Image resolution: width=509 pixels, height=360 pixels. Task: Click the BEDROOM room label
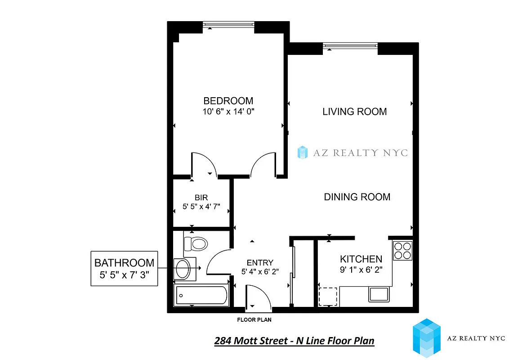point(228,101)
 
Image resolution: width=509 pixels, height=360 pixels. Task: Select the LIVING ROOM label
point(354,112)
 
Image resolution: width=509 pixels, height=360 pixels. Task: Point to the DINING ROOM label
point(357,197)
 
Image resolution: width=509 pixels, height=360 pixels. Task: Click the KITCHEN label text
point(361,259)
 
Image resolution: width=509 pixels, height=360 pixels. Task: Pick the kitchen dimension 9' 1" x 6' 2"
point(361,270)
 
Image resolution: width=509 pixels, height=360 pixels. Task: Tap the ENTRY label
point(260,263)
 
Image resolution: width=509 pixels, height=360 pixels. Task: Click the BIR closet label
point(201,198)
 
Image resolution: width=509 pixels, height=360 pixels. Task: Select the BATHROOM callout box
point(124,268)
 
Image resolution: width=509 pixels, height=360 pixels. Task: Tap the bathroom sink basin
point(183,269)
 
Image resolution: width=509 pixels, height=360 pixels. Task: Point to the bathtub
point(201,295)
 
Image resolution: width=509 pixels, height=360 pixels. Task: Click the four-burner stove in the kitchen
point(402,251)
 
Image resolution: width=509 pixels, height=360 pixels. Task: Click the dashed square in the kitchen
point(328,296)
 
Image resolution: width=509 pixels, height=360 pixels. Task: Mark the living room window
point(350,45)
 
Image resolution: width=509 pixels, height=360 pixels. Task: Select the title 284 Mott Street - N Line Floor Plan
point(294,341)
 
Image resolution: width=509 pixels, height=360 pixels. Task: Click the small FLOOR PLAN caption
point(254,320)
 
